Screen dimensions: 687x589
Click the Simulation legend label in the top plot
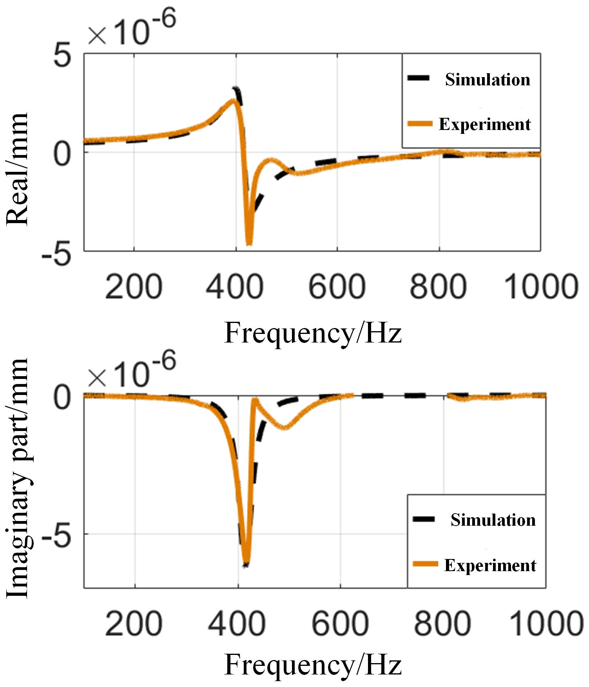[x=488, y=79]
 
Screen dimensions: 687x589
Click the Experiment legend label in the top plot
[x=485, y=124]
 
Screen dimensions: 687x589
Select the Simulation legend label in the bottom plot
[x=493, y=520]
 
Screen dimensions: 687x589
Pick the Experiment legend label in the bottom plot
[x=490, y=565]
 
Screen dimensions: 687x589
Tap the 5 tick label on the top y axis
[x=63, y=55]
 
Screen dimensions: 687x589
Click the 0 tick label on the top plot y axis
[x=63, y=153]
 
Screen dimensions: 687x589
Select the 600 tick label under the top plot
[x=337, y=287]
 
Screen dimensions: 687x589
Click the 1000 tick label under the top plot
[x=541, y=287]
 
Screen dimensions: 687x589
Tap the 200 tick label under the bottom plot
[x=134, y=624]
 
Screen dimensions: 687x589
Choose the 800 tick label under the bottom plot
[x=442, y=624]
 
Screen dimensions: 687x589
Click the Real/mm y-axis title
[x=17, y=169]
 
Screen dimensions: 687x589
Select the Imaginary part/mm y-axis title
[x=17, y=478]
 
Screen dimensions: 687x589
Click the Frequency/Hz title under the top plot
[x=313, y=333]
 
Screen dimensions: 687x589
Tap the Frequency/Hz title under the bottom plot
[x=313, y=665]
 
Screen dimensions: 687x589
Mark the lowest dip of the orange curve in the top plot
[x=249, y=243]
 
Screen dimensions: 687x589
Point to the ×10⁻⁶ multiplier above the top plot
[x=132, y=29]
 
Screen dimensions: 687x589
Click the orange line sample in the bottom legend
[x=425, y=564]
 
